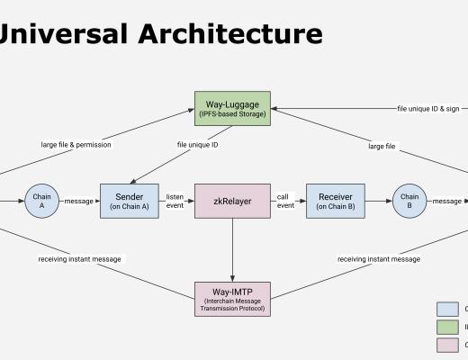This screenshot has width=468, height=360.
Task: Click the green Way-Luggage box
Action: coord(232,107)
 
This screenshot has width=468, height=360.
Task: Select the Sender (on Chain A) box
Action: coord(130,201)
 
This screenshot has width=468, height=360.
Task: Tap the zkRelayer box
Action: coord(232,201)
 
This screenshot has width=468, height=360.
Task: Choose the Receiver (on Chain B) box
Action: coord(335,201)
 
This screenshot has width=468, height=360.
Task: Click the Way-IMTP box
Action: coord(232,298)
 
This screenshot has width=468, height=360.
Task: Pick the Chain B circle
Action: coord(409,201)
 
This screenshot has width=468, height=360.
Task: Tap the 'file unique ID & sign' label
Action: coord(427,108)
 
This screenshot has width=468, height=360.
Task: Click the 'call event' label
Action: coord(285,201)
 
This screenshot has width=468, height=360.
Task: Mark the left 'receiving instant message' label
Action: coord(79,259)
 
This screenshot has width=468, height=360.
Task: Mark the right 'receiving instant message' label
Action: coord(379,259)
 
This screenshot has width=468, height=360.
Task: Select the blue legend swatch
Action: coord(447,310)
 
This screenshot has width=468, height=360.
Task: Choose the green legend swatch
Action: coord(447,328)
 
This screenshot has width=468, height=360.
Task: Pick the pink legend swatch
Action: coord(447,345)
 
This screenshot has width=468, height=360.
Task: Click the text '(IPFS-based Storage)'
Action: coord(232,114)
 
